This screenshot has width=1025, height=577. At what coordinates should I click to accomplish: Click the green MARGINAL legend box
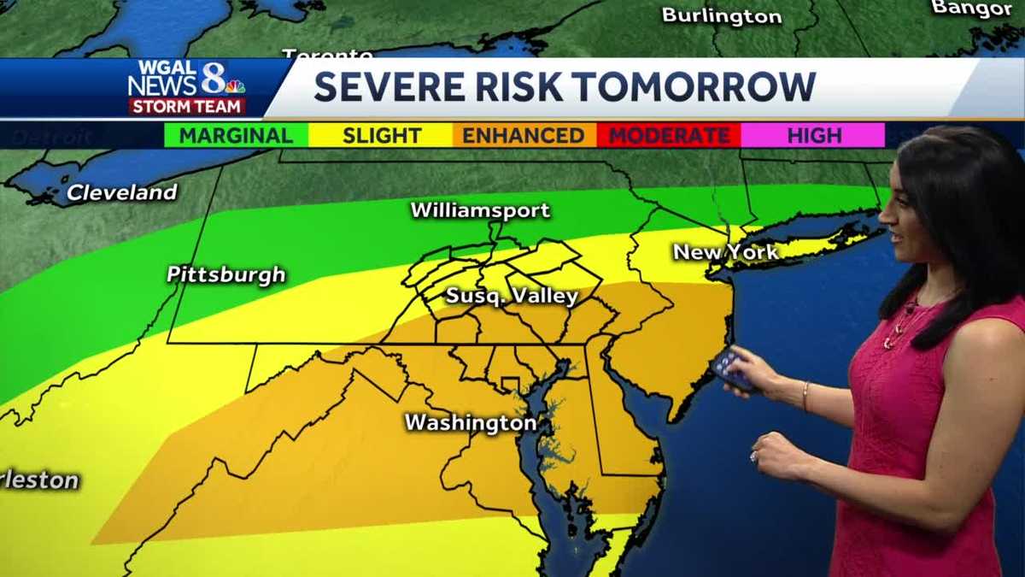coord(236,135)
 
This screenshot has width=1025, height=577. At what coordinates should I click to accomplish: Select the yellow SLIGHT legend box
coord(381,135)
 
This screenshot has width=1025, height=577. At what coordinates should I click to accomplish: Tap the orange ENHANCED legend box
coord(524,135)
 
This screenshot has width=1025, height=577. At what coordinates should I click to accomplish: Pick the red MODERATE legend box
coord(669,135)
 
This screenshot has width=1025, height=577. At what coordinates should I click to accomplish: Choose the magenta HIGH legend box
coord(813,135)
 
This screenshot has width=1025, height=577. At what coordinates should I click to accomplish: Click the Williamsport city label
coord(480,210)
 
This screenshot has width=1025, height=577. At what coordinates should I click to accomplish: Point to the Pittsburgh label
coord(225,275)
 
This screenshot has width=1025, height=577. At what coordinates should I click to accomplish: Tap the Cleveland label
coord(121,192)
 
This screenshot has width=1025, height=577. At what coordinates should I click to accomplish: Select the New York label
coord(725,252)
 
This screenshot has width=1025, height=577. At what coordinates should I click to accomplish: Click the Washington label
coord(470,422)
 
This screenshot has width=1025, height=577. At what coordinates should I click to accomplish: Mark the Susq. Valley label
coord(512,297)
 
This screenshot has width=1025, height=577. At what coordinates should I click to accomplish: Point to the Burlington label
coord(722,16)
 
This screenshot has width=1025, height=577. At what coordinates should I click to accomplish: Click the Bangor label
coord(972,9)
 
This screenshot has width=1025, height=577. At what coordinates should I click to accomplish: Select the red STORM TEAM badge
coord(187,106)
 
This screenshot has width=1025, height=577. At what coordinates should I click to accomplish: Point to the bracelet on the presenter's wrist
coord(804,395)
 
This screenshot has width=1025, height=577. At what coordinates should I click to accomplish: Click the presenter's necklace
coord(899,325)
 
